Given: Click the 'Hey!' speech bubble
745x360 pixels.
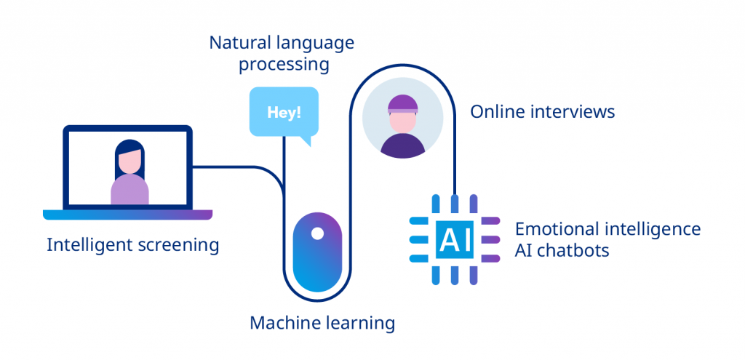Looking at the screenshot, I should pyautogui.click(x=284, y=112).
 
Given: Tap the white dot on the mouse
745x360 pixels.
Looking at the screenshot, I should pyautogui.click(x=317, y=233).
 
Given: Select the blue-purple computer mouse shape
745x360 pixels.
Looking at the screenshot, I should pyautogui.click(x=316, y=255).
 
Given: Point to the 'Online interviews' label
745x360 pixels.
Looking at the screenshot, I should pyautogui.click(x=542, y=112).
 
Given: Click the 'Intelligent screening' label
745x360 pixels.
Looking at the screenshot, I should pyautogui.click(x=132, y=245).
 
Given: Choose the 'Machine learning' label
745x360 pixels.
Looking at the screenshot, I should pyautogui.click(x=322, y=323).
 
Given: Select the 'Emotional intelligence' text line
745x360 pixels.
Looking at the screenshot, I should pyautogui.click(x=607, y=229).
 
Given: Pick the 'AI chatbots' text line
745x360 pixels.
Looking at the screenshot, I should pyautogui.click(x=562, y=251).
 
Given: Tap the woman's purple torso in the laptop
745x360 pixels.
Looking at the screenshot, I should pyautogui.click(x=130, y=191).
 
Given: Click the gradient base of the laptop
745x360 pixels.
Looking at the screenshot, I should pyautogui.click(x=127, y=215).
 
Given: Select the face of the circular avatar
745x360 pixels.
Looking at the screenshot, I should pyautogui.click(x=402, y=121).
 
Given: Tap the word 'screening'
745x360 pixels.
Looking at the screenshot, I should pyautogui.click(x=178, y=245).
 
